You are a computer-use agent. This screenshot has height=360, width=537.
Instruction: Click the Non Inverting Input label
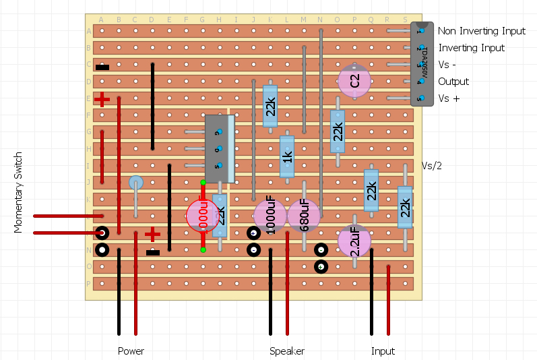(482, 31)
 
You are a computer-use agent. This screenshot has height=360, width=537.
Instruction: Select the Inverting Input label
(471, 48)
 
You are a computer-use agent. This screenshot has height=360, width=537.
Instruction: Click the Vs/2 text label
(432, 166)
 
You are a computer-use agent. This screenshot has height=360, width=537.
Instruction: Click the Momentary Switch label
(19, 192)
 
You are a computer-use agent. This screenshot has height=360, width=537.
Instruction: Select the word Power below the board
(131, 351)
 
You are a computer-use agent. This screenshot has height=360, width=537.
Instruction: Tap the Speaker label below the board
(287, 351)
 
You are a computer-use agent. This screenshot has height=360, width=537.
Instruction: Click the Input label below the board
(383, 351)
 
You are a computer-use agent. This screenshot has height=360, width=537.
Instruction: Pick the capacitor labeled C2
(354, 81)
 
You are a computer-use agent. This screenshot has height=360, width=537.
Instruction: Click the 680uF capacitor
(304, 216)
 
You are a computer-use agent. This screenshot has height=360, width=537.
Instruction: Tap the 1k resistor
(287, 156)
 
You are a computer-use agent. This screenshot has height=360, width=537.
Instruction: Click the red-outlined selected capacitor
(203, 216)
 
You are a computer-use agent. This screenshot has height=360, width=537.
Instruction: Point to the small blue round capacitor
(135, 182)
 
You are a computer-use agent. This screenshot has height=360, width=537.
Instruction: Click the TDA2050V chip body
(422, 64)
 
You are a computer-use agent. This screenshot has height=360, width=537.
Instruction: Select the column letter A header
(102, 20)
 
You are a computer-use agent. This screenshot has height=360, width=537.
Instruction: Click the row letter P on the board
(89, 283)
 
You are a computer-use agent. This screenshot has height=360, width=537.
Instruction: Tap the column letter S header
(405, 20)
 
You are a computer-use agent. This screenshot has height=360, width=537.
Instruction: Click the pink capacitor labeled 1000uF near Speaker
(270, 216)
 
